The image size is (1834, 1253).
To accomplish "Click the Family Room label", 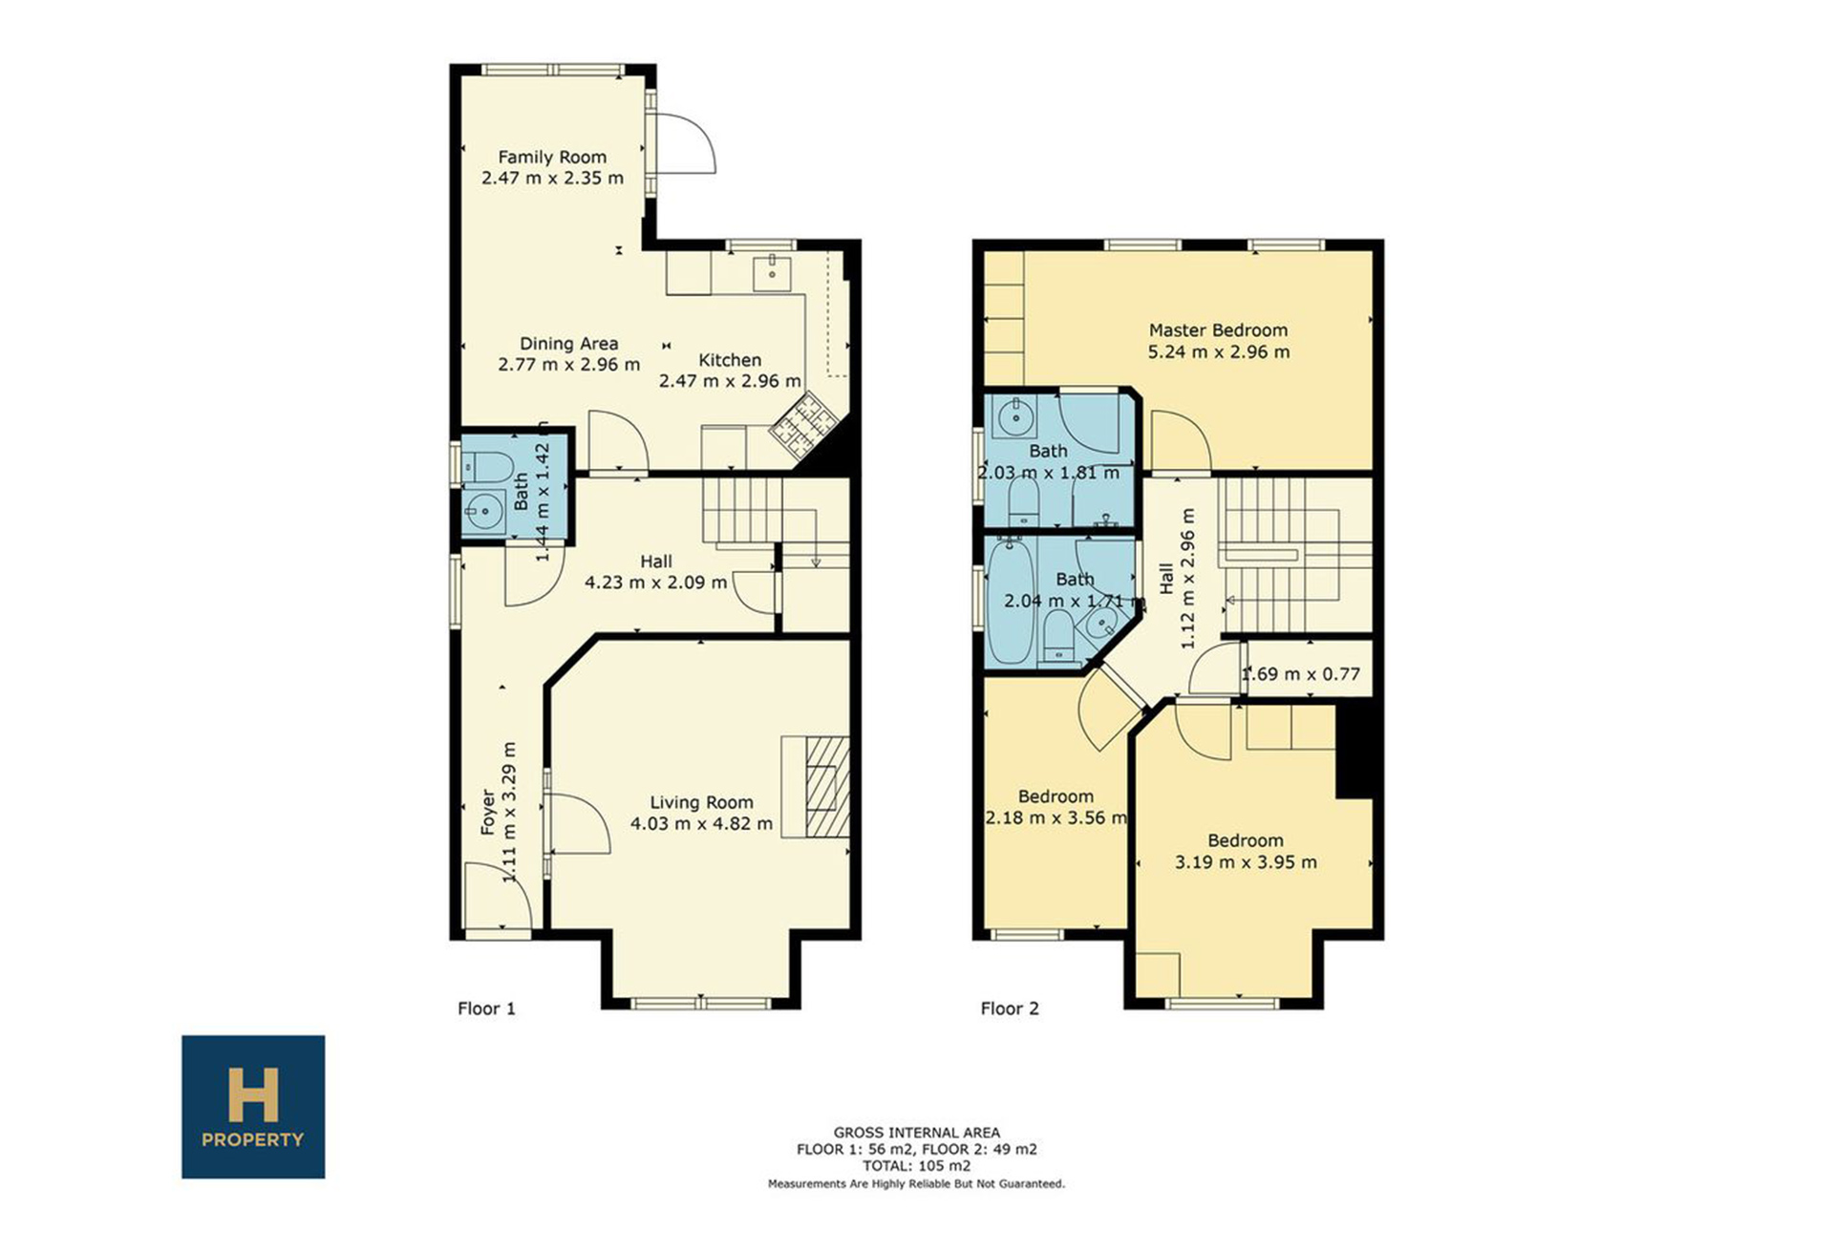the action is pyautogui.click(x=552, y=157).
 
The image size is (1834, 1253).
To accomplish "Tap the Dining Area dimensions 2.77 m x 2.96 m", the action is pyautogui.click(x=569, y=364).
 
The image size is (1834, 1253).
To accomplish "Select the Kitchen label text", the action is pyautogui.click(x=730, y=360).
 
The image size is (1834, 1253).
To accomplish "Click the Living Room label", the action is pyautogui.click(x=702, y=802).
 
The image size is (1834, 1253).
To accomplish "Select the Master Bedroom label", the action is pyautogui.click(x=1218, y=330).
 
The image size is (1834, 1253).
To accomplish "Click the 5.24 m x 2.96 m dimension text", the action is pyautogui.click(x=1219, y=351).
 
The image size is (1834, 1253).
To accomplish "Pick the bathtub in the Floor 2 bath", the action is pyautogui.click(x=1012, y=602).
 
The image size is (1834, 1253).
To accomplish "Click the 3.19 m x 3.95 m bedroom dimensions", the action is pyautogui.click(x=1246, y=862).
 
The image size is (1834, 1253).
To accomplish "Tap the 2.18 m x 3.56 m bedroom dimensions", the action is pyautogui.click(x=1056, y=818).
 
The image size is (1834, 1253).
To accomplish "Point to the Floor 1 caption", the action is pyautogui.click(x=486, y=1009).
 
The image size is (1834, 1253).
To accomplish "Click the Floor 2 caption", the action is pyautogui.click(x=1010, y=1009).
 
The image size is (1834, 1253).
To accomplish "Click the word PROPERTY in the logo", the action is pyautogui.click(x=253, y=1139).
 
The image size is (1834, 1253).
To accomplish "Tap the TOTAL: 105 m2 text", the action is pyautogui.click(x=917, y=1165).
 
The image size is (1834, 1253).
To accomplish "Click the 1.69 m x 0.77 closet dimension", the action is pyautogui.click(x=1301, y=674).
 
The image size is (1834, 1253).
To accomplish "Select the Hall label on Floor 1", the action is pyautogui.click(x=656, y=562).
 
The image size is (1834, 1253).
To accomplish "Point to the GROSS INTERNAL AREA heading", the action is pyautogui.click(x=917, y=1133).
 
